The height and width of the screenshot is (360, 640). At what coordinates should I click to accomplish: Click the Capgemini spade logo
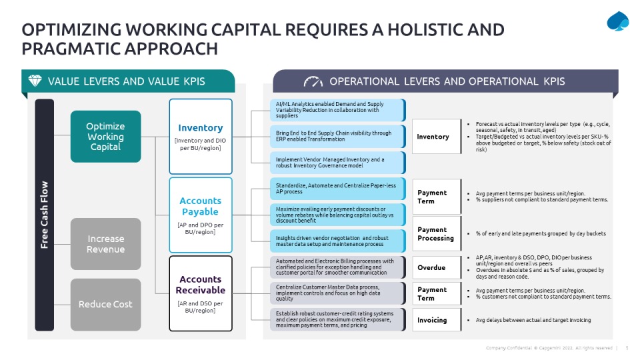coord(618,22)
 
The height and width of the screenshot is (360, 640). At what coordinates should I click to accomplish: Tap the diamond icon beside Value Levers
coord(35,81)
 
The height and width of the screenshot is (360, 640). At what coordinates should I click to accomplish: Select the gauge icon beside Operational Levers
coord(313,81)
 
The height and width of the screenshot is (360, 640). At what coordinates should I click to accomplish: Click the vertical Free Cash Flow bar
coord(45,215)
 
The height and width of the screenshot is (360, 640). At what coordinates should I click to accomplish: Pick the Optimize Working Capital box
coord(105,137)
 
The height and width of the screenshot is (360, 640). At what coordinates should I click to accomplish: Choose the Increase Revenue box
coord(105,244)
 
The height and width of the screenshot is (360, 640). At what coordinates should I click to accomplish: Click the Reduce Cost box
coord(105,305)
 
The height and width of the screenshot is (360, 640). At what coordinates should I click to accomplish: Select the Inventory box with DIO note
coord(201,137)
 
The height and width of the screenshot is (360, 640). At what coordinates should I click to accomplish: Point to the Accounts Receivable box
coord(201,293)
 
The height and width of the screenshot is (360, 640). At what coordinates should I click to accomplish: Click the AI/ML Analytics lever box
coord(337,110)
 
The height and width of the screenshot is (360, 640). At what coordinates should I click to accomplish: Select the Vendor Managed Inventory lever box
coord(337,163)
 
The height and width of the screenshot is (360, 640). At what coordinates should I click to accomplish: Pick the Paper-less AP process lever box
coord(337,189)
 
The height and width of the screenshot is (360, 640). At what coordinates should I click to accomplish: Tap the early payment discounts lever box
coord(337,215)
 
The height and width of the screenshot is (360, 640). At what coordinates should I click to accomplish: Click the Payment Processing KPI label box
coord(437,233)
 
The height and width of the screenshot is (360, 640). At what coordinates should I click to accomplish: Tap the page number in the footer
coord(627,348)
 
